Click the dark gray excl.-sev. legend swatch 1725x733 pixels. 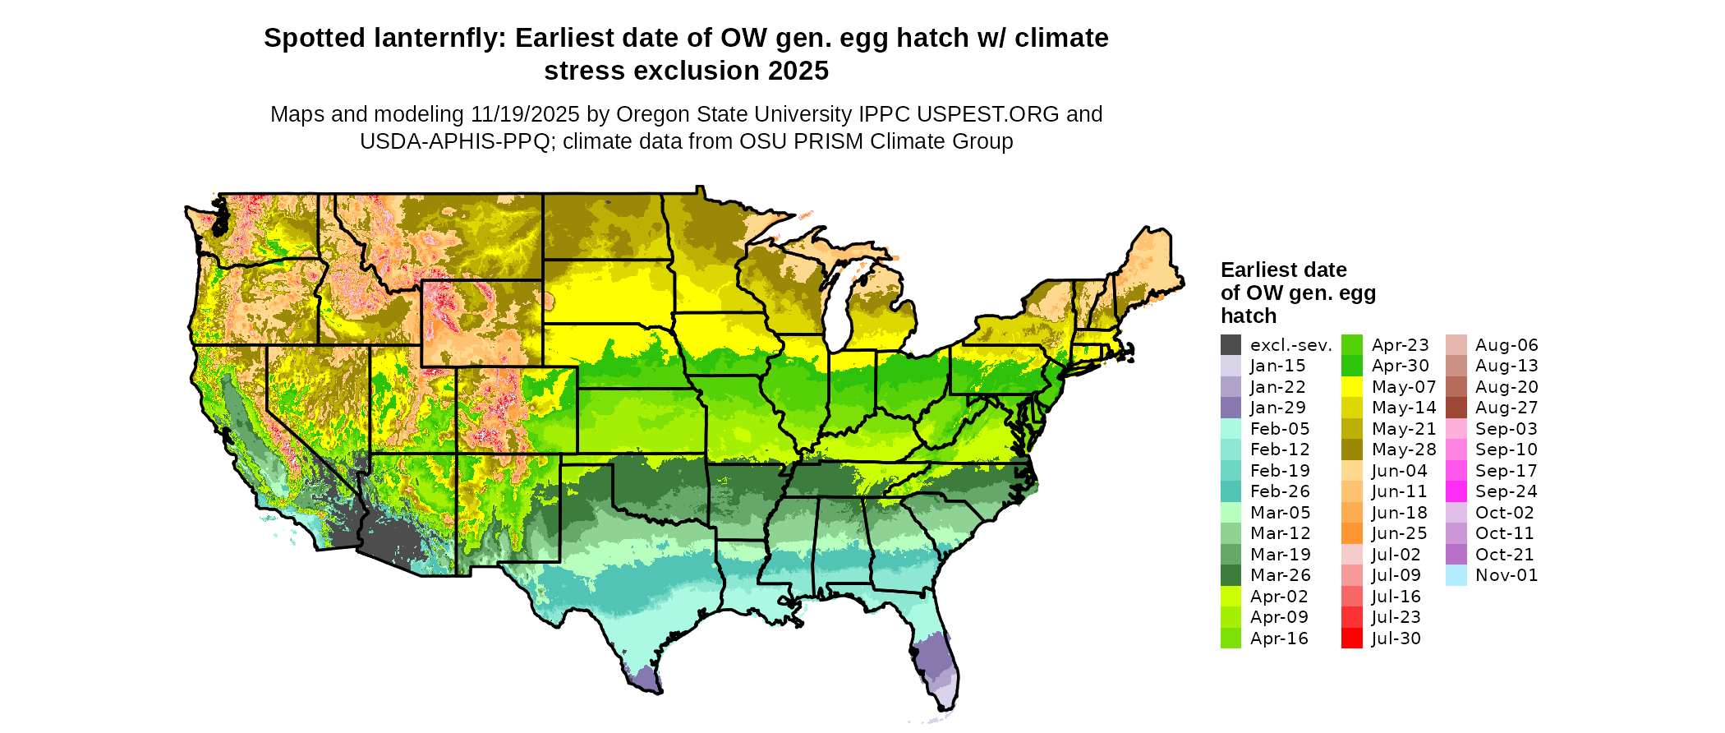1230,345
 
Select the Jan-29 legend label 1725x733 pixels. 1277,408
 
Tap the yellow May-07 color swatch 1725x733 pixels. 1351,387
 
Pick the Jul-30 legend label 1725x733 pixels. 1396,638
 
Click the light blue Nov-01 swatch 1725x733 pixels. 1456,575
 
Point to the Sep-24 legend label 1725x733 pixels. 1506,491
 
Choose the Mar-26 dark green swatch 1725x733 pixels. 1230,575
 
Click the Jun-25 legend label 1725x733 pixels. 1399,533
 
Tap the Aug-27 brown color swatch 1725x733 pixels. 1456,408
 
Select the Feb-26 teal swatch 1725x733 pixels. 1230,491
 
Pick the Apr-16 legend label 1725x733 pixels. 1279,638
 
